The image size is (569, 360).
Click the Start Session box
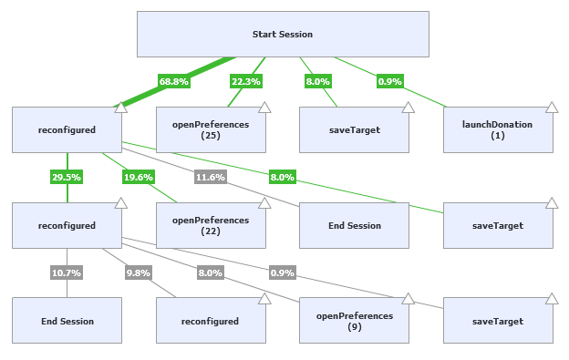[x=283, y=35]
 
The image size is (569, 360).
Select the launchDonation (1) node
[x=498, y=129]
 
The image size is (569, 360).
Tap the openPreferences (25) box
[x=211, y=129]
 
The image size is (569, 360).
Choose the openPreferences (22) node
[x=211, y=225]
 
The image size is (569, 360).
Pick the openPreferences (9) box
[x=354, y=320]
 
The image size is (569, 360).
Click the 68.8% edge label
[x=173, y=81]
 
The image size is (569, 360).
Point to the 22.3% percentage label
[x=245, y=81]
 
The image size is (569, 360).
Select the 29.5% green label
[x=67, y=177]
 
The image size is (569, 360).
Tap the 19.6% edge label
[x=139, y=177]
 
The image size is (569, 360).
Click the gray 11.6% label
[x=210, y=177]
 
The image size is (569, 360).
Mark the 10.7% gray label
[x=67, y=273]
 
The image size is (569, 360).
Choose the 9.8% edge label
[x=139, y=273]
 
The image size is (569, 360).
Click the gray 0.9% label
[x=282, y=273]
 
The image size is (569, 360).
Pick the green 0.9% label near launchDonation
[x=390, y=81]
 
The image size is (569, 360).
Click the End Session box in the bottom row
[x=67, y=321]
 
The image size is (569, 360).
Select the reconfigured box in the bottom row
[x=211, y=321]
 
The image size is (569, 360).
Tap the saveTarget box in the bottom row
[x=498, y=321]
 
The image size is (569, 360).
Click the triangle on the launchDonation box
[x=552, y=108]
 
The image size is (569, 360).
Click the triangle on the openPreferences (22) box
[x=264, y=203]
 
